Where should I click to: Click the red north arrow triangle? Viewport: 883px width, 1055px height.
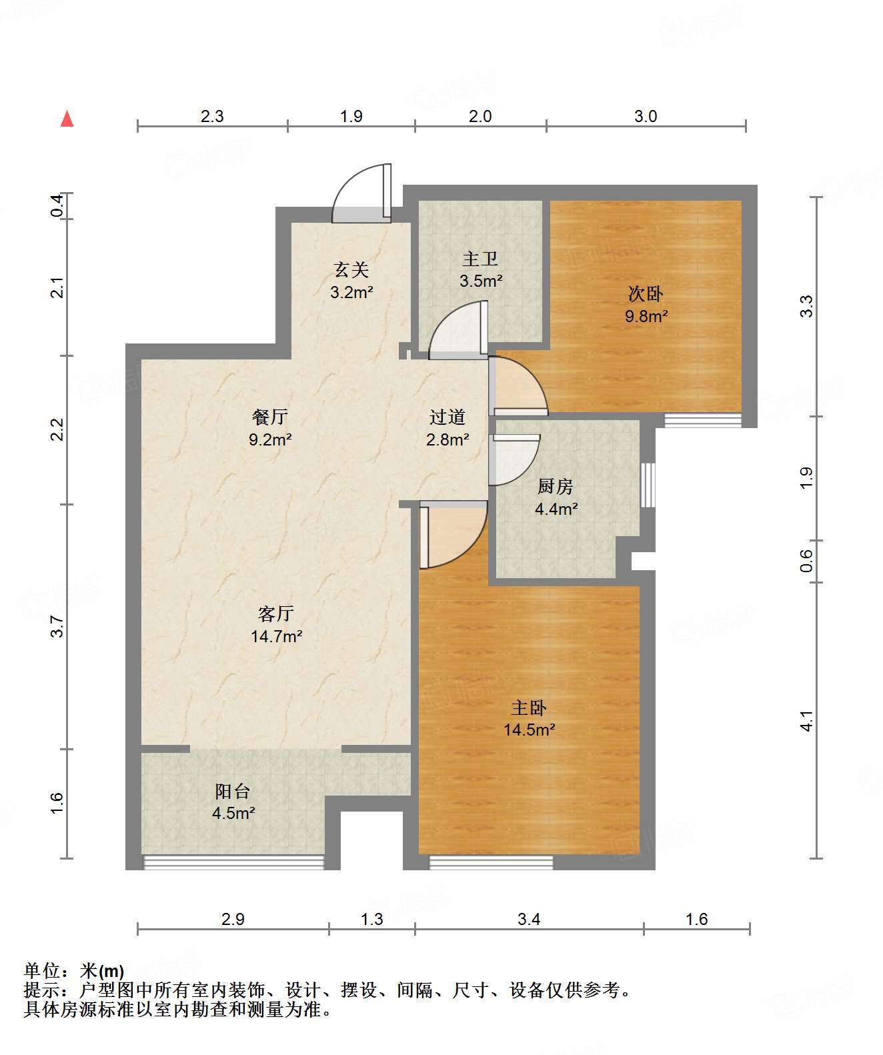[x=67, y=119]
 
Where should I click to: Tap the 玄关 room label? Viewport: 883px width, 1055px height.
[x=351, y=270]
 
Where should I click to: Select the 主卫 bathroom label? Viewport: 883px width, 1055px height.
[x=480, y=259]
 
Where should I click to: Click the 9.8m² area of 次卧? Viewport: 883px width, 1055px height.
[x=646, y=316]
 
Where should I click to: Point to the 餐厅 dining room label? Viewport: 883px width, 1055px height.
[x=270, y=417]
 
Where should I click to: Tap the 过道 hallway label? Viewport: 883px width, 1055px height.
[x=447, y=417]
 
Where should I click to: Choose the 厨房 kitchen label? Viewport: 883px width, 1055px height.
[x=555, y=487]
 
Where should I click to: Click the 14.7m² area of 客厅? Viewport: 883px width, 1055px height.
[x=277, y=636]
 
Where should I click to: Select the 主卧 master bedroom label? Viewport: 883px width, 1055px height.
[x=529, y=708]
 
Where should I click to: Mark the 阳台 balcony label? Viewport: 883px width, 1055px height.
[x=233, y=791]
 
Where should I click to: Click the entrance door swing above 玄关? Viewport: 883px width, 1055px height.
[x=361, y=193]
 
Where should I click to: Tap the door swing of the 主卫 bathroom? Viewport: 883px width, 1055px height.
[x=458, y=330]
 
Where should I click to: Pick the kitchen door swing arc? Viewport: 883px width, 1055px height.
[x=515, y=459]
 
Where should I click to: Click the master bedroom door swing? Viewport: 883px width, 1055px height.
[x=454, y=535]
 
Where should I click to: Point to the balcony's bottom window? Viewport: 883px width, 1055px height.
[x=233, y=862]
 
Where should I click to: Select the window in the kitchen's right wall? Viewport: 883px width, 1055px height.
[x=648, y=485]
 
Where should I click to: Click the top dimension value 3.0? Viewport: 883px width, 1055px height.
[x=646, y=116]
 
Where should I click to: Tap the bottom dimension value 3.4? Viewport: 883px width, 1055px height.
[x=529, y=919]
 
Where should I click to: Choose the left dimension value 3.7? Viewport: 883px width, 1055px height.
[x=57, y=627]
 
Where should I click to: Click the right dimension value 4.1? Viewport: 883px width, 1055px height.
[x=807, y=720]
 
